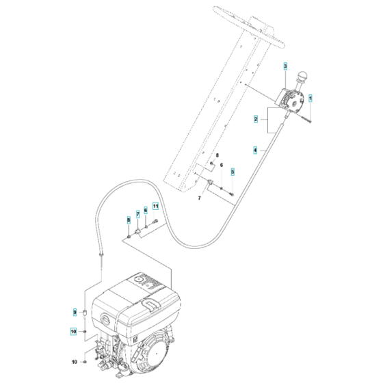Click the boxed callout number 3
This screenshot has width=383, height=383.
[287, 66]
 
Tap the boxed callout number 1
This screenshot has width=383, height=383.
[310, 98]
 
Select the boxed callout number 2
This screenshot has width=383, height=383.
[256, 120]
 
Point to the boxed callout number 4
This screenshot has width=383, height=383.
[256, 149]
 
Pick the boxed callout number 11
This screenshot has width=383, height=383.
[155, 205]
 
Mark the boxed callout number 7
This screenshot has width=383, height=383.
[137, 214]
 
